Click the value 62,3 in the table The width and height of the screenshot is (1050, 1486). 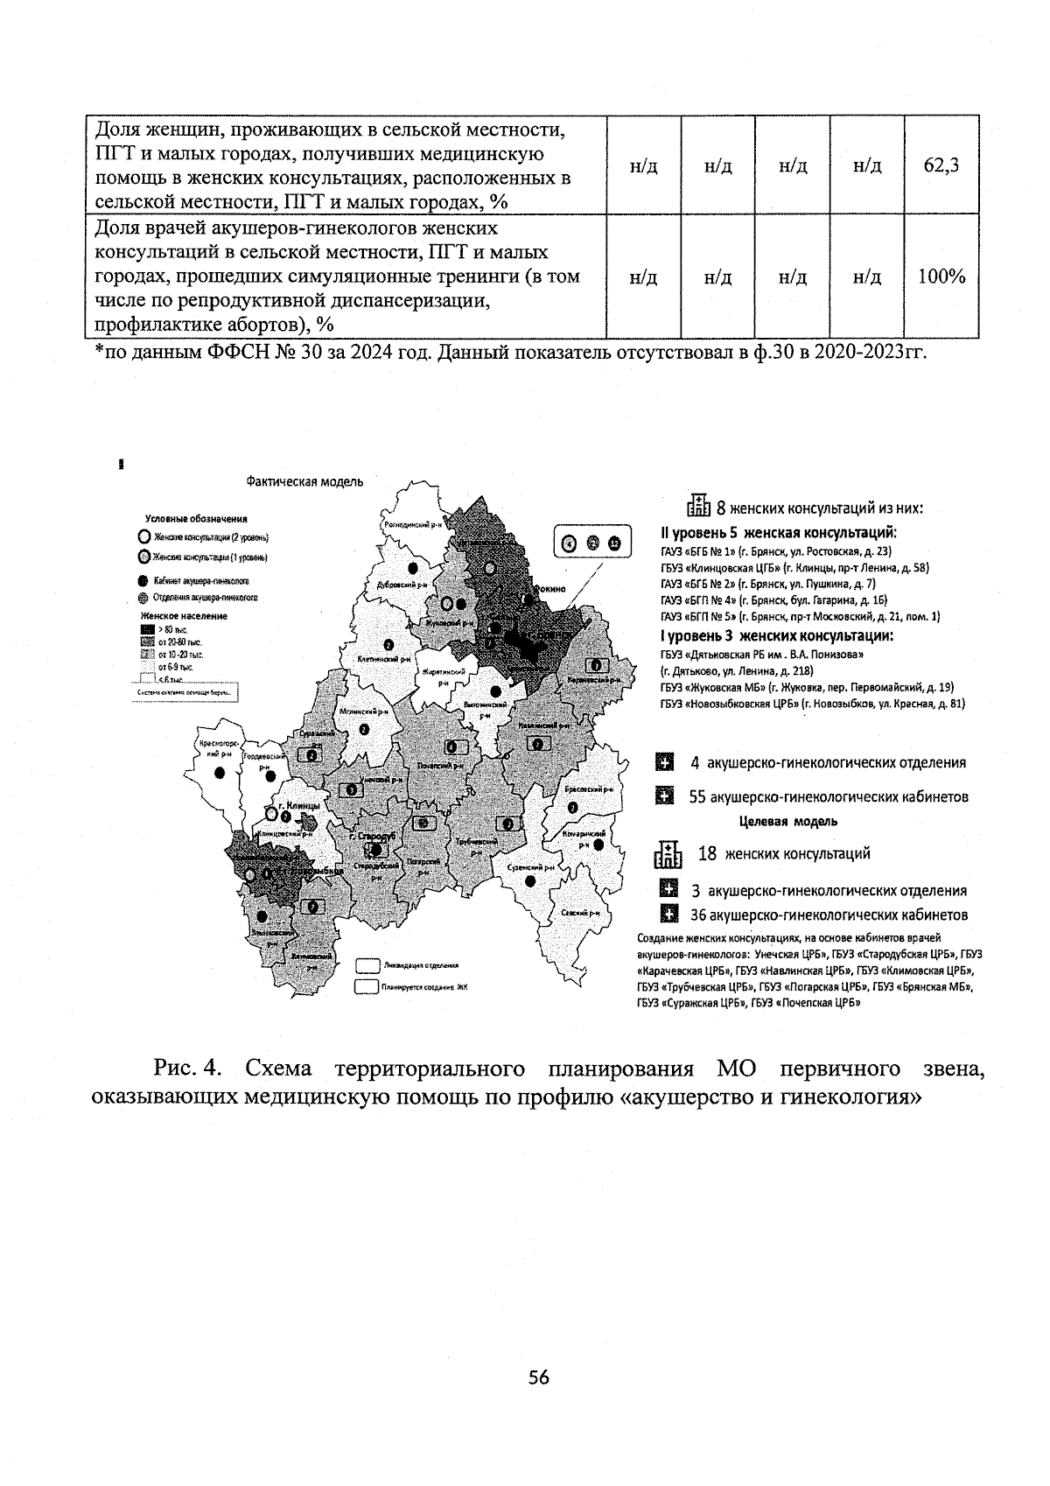click(941, 165)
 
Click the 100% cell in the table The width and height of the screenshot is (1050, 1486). click(941, 277)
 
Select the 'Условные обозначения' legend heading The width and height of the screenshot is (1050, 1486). click(196, 519)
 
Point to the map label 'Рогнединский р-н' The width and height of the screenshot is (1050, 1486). click(414, 524)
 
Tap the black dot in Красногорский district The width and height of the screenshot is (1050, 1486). click(220, 772)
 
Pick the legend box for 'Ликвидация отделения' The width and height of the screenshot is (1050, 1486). click(367, 965)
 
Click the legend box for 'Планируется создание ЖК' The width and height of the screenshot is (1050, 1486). click(367, 986)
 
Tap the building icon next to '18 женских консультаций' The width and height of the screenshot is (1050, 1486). click(668, 855)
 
